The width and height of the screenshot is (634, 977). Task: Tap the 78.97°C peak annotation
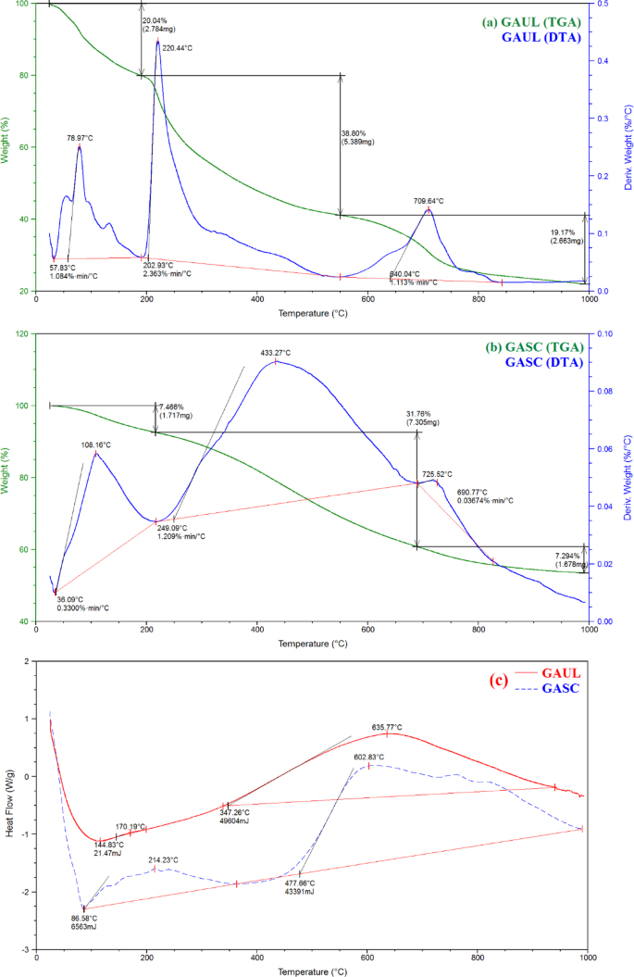(x=78, y=138)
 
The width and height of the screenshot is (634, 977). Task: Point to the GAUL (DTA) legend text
(x=542, y=37)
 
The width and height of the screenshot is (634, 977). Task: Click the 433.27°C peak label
(x=276, y=353)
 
